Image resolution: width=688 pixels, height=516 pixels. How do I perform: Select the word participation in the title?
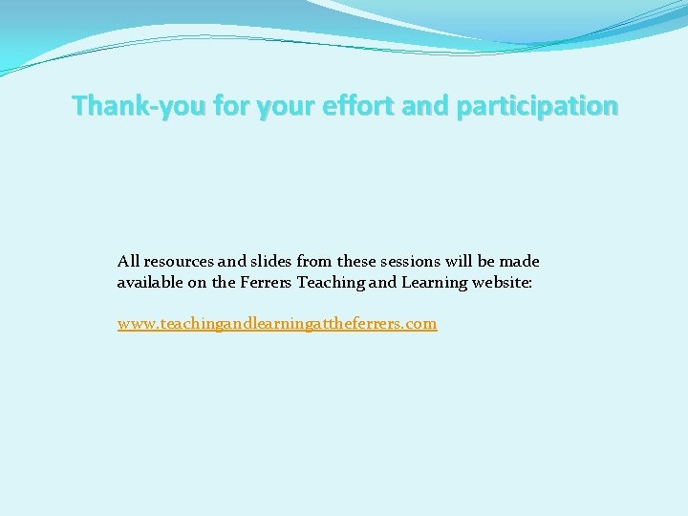pyautogui.click(x=537, y=106)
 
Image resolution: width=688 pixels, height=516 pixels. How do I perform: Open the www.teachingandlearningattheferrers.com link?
pyautogui.click(x=277, y=323)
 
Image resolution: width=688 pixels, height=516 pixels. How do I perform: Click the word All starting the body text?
pyautogui.click(x=128, y=261)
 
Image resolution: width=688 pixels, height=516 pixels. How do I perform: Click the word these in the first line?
pyautogui.click(x=355, y=261)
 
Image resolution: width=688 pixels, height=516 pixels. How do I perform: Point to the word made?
pyautogui.click(x=522, y=261)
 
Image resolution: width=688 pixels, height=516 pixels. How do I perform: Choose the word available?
pyautogui.click(x=151, y=282)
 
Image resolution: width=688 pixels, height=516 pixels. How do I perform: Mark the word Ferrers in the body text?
pyautogui.click(x=266, y=282)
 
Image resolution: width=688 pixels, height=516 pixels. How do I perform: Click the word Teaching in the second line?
pyautogui.click(x=331, y=282)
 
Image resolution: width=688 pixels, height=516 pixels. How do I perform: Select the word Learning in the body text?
pyautogui.click(x=433, y=282)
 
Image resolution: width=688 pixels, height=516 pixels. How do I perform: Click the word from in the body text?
pyautogui.click(x=312, y=261)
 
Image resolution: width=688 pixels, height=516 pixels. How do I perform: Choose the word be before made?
pyautogui.click(x=490, y=261)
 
